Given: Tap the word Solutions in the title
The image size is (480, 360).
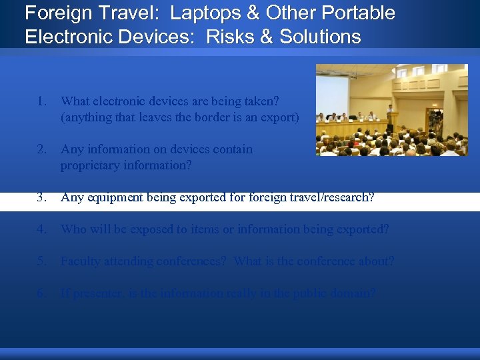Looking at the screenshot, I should tap(320, 36).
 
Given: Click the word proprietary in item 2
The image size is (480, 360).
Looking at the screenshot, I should tap(90, 165).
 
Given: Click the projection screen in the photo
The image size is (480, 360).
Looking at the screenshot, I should tap(333, 93).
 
